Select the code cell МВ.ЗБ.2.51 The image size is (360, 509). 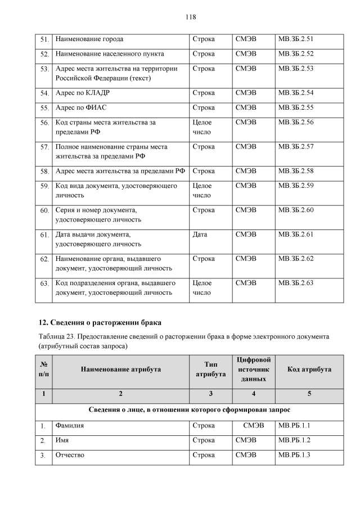coord(295,39)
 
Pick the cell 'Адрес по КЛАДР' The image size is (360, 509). coord(82,92)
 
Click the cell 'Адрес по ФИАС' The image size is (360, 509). coord(82,107)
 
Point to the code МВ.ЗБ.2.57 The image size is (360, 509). coord(295,147)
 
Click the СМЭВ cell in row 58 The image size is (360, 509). coord(246,170)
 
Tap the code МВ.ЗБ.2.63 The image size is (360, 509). coord(295,283)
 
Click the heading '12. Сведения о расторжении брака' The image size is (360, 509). coord(100,322)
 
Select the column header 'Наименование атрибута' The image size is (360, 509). coord(120,370)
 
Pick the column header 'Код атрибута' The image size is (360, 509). coord(309,370)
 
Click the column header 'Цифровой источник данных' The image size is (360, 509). coord(254,370)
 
